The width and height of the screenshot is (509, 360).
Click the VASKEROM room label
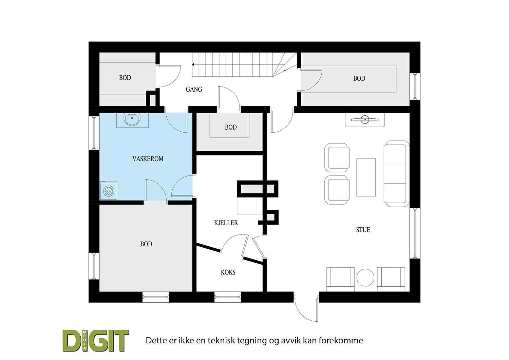148,158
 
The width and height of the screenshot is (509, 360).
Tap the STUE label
363,230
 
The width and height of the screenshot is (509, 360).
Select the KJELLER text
226,223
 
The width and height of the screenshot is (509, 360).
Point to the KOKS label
228,272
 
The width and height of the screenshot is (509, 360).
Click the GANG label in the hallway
194,89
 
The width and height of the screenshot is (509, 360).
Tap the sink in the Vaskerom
132,120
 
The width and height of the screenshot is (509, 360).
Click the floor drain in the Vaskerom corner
109,191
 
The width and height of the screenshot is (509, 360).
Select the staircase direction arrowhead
193,64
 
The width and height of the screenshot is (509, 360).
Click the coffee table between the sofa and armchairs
366,177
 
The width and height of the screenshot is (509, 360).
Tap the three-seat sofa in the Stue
395,173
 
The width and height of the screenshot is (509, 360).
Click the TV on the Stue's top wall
365,119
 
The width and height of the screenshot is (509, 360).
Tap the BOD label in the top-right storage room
359,78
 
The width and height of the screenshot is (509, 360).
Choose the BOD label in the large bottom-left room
146,244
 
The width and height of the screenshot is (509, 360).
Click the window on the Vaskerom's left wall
94,133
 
